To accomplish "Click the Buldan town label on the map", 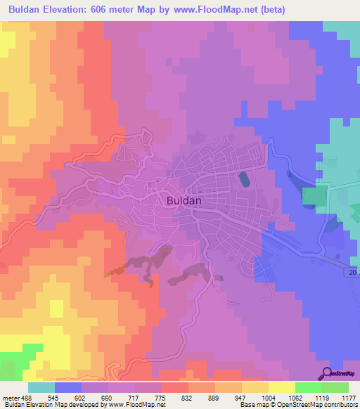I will (185, 200).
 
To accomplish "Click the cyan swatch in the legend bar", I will (41, 387).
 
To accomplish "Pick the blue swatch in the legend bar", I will (68, 387).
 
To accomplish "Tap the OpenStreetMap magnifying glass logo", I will (327, 372).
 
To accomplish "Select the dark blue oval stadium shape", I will (243, 179).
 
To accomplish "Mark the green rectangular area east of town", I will (316, 197).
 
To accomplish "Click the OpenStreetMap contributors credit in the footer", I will (317, 405).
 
